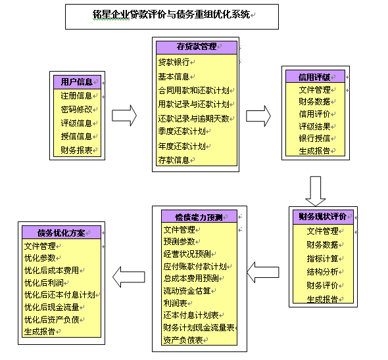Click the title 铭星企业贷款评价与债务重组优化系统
(171, 14)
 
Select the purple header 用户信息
(77, 82)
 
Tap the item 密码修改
(76, 109)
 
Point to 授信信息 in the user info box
(76, 136)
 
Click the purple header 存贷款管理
(197, 47)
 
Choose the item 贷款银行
(174, 62)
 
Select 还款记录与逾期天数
(193, 119)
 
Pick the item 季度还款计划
(182, 131)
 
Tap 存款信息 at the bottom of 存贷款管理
(174, 160)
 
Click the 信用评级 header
(314, 77)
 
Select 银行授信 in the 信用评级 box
(314, 138)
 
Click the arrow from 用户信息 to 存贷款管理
(124, 116)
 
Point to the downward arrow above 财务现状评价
(315, 191)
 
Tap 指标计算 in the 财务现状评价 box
(322, 259)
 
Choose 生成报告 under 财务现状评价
(322, 299)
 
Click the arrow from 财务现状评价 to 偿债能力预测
(263, 272)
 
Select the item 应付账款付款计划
(195, 266)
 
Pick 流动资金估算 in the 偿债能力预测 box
(187, 291)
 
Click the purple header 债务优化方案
(61, 233)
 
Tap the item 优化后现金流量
(51, 307)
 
